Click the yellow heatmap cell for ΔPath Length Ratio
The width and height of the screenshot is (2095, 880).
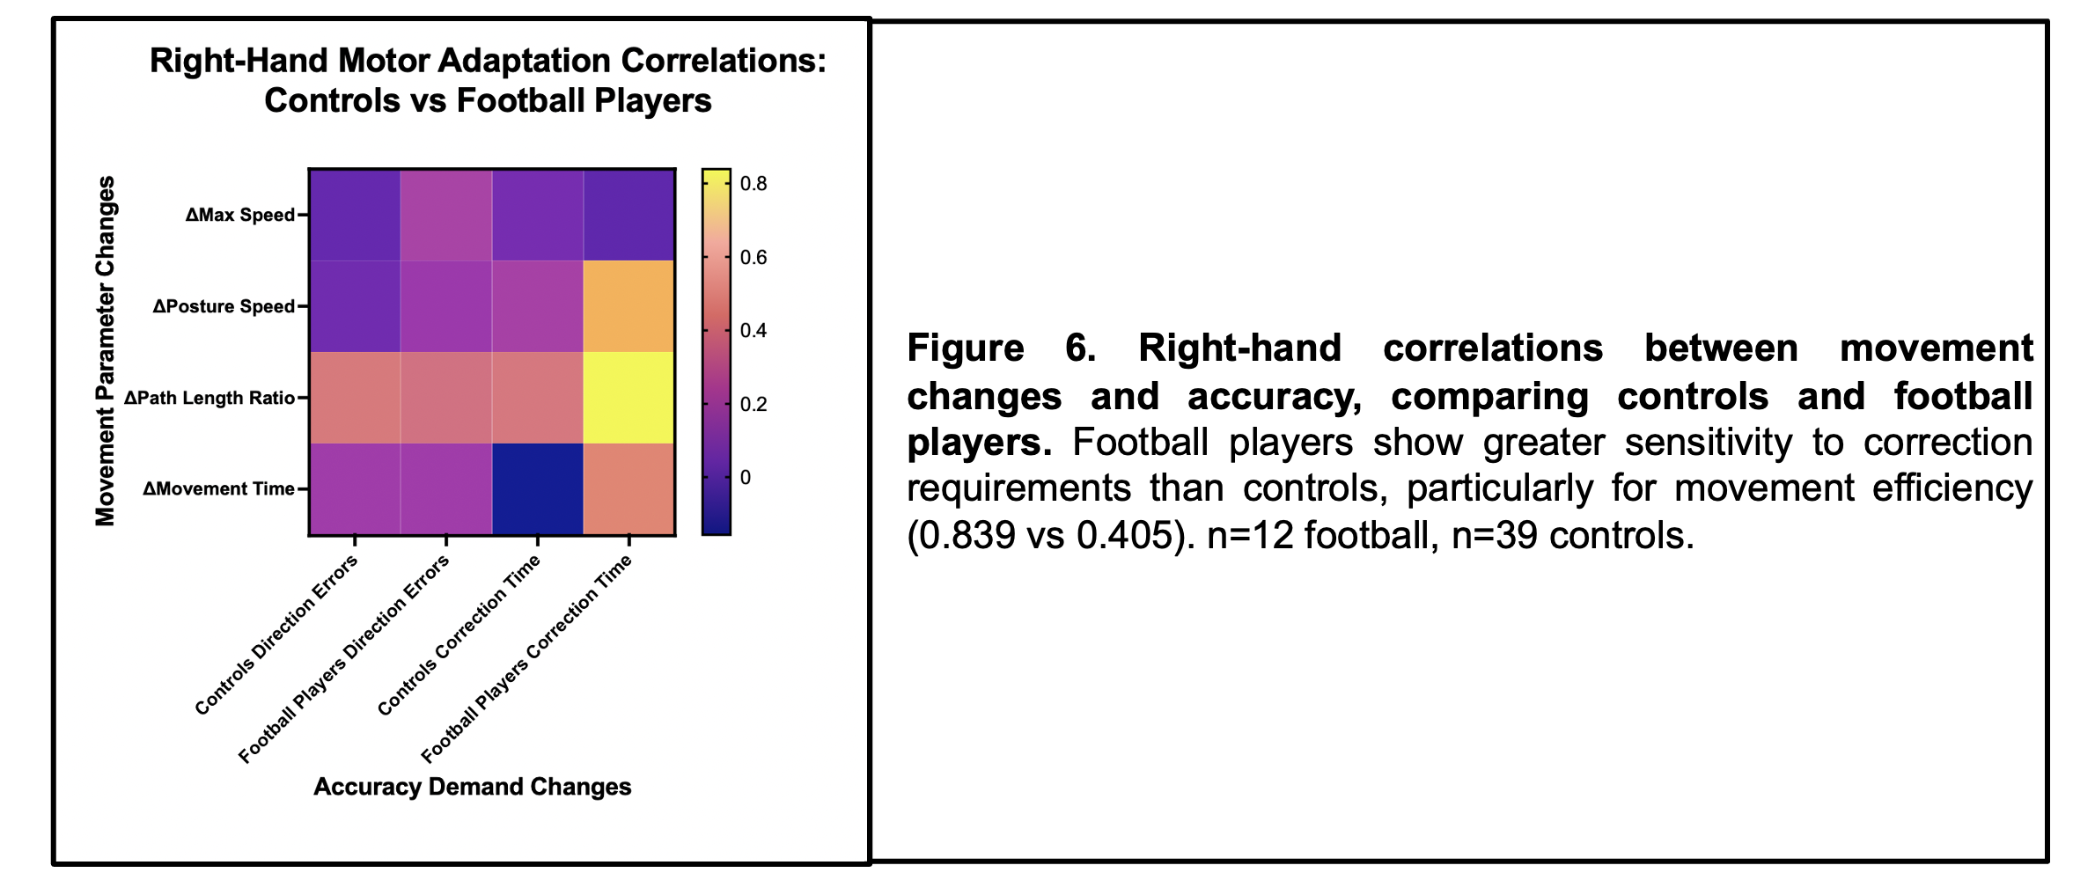tap(628, 398)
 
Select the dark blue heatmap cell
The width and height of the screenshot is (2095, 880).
tap(537, 489)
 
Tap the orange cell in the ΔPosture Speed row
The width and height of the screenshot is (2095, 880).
tap(628, 306)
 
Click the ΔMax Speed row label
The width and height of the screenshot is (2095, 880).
tap(239, 215)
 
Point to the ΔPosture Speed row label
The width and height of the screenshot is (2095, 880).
tap(224, 306)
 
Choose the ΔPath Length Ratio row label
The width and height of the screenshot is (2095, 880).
tap(209, 398)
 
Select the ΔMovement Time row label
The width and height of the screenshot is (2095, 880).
tap(218, 489)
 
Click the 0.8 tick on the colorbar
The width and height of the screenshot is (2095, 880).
tap(753, 184)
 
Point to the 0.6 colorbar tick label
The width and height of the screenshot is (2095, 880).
tap(753, 258)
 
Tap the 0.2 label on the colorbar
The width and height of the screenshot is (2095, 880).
tap(753, 405)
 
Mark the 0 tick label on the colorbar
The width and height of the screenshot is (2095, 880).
tap(746, 478)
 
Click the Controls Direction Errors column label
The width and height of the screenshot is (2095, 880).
tap(276, 634)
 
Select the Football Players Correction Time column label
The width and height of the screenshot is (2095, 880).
tap(526, 658)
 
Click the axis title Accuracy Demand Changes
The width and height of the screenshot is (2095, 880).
tap(473, 787)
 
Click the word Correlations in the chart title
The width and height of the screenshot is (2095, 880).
tap(724, 61)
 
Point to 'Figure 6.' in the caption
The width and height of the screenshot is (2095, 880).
tap(1001, 348)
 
